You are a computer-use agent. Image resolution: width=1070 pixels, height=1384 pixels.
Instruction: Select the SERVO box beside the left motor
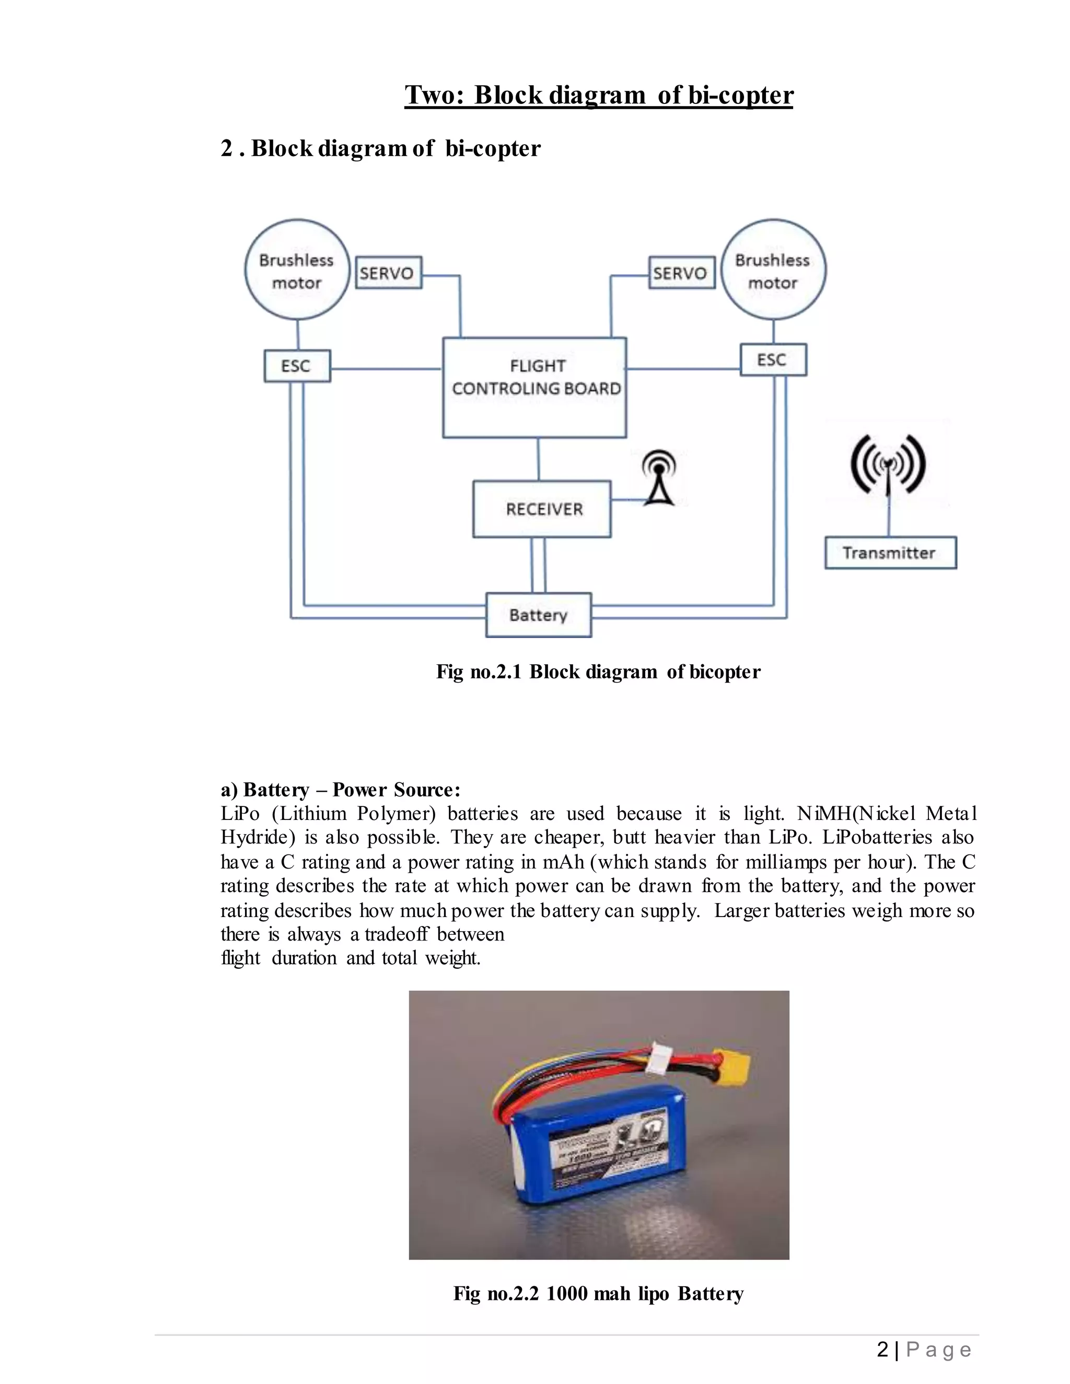coord(388,273)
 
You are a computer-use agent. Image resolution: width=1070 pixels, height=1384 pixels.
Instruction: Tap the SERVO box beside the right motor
coord(681,273)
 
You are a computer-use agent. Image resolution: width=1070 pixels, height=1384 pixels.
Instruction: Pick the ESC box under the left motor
coord(297,366)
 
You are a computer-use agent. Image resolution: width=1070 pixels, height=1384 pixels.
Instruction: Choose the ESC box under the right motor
coord(773,360)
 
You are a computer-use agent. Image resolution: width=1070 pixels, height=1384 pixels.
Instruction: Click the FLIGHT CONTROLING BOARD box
coord(534,386)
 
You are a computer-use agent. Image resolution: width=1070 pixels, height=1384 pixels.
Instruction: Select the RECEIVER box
coord(542,509)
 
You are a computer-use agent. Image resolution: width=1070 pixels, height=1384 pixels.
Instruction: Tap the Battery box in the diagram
coord(538,615)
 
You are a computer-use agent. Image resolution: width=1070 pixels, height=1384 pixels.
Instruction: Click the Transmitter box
coord(890,553)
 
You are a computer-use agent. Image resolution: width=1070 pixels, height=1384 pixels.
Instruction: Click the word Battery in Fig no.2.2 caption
coord(710,1293)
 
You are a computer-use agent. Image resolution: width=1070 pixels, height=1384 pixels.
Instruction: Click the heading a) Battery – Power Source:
coord(341,790)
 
